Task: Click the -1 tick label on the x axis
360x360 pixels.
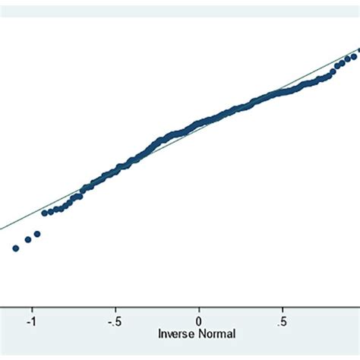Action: click(x=31, y=321)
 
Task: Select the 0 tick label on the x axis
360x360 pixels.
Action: click(x=199, y=321)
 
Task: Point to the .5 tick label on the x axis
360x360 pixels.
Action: click(x=282, y=321)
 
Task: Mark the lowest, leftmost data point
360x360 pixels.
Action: click(x=15, y=248)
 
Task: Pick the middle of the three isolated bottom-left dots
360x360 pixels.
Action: click(x=28, y=239)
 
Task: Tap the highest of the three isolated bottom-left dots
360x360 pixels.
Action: click(x=36, y=234)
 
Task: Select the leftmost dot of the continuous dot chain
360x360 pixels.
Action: click(x=44, y=213)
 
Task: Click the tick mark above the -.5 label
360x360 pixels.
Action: click(x=115, y=310)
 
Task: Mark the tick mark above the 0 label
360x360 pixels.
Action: click(x=199, y=310)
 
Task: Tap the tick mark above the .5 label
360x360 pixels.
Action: click(x=283, y=310)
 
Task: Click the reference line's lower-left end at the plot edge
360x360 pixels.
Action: click(x=2, y=228)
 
